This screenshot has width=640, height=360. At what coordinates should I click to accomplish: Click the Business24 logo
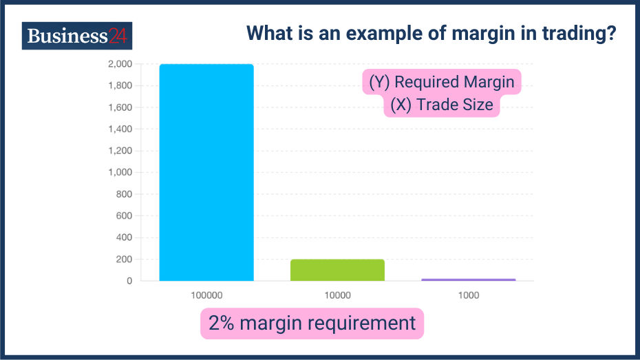(76, 36)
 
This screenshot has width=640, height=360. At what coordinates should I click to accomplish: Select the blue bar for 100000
(206, 172)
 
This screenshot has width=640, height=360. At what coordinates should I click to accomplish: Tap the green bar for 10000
(337, 270)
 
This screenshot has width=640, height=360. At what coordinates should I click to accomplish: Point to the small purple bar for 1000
(468, 279)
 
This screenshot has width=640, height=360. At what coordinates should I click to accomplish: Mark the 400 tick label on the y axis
(124, 237)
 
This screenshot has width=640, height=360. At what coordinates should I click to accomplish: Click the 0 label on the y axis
(129, 281)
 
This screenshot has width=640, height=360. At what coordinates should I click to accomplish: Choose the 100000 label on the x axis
(206, 295)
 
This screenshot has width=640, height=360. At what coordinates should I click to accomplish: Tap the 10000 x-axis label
(337, 295)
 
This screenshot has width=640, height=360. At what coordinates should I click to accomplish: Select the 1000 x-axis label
(468, 295)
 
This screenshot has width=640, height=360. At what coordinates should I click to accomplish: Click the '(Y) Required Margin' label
(441, 83)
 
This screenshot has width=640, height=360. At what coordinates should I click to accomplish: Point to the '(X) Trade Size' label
(441, 105)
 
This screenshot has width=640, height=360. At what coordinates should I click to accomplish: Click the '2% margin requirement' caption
(312, 323)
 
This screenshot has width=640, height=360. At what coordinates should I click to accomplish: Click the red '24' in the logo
(118, 36)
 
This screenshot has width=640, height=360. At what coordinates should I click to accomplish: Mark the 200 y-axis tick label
(124, 260)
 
